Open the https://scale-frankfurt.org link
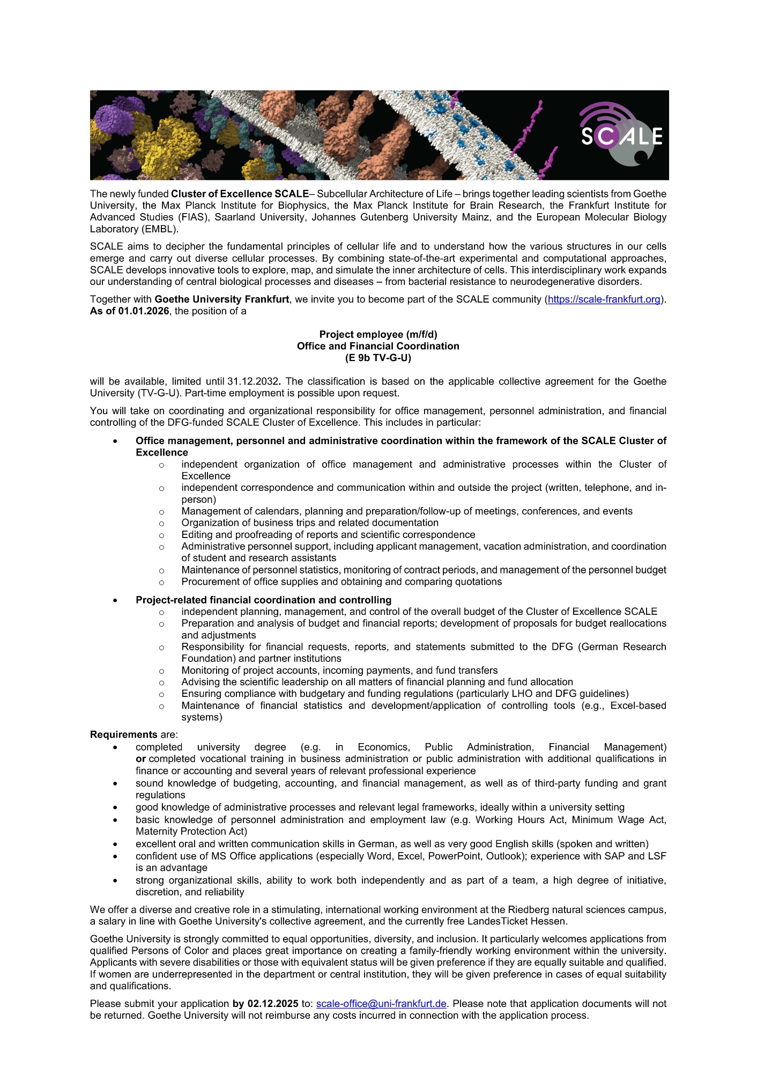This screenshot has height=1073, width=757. (604, 299)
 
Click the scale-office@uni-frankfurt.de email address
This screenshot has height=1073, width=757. (381, 1003)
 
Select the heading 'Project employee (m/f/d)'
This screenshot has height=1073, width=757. (378, 334)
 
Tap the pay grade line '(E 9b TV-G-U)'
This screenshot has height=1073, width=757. (378, 358)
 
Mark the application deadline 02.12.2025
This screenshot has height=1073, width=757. (273, 1003)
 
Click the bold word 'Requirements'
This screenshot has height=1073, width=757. (123, 734)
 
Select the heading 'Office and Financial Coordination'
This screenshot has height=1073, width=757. (378, 346)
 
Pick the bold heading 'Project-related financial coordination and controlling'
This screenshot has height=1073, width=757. (263, 600)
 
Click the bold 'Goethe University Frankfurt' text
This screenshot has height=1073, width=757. (221, 299)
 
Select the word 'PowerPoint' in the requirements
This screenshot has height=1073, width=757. (455, 856)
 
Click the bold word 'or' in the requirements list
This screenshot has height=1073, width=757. (140, 759)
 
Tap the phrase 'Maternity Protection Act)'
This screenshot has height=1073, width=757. (191, 831)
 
